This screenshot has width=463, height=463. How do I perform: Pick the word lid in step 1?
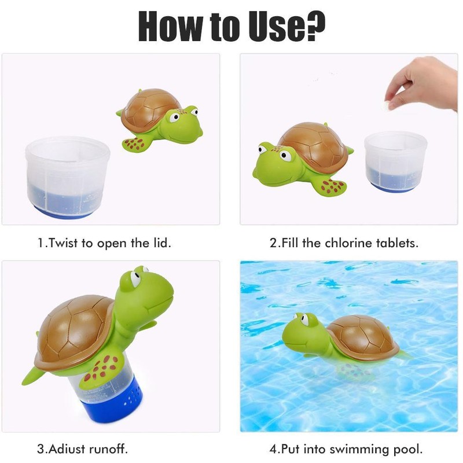162,242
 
